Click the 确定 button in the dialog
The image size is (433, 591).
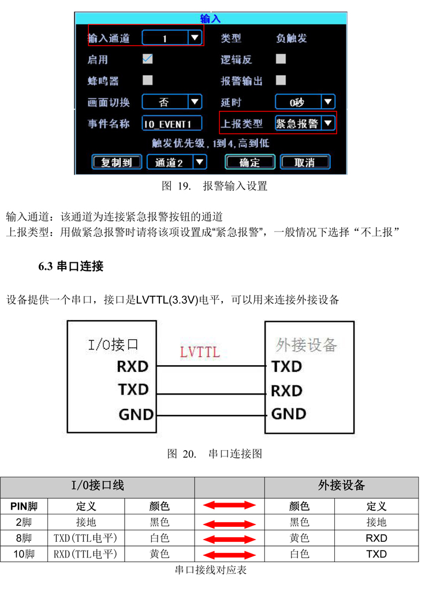coord(249,162)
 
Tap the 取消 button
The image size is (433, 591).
coord(305,162)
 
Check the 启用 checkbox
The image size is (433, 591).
coord(148,59)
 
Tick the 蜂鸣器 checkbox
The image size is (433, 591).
coord(148,80)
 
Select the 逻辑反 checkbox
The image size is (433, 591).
coord(281,59)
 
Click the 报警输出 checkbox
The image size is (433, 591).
coord(281,80)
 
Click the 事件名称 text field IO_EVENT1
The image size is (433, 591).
coord(173,123)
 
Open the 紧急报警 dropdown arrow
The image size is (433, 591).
coord(328,123)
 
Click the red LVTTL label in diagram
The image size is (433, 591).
coord(200,352)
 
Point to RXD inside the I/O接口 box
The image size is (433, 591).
coord(133,366)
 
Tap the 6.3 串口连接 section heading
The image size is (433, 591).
coord(70,266)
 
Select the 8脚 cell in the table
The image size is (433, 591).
coord(24,538)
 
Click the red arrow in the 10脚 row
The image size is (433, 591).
coord(229,555)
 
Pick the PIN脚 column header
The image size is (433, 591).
coord(24,506)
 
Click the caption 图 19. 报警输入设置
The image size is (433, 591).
coord(214,187)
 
